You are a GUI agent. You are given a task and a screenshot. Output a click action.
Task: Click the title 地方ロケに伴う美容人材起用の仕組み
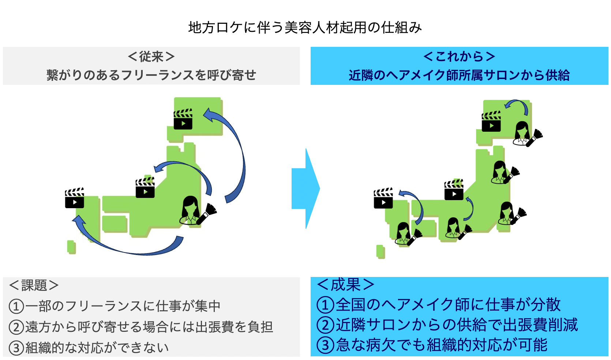click(x=305, y=27)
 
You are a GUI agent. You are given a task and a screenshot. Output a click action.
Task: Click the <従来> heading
click(x=151, y=57)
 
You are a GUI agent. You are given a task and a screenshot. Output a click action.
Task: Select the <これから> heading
click(x=459, y=56)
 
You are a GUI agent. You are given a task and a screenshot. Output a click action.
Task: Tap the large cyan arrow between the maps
click(x=306, y=188)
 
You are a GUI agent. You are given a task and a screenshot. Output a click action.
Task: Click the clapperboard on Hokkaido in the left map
click(x=183, y=119)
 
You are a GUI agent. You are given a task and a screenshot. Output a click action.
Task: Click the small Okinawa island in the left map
click(x=71, y=247)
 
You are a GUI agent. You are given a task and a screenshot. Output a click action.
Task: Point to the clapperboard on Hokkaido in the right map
click(x=491, y=121)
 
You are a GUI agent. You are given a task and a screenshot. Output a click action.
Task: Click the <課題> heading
click(x=34, y=285)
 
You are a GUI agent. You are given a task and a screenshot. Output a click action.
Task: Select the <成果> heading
click(x=346, y=284)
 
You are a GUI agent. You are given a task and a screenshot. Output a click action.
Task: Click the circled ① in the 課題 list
click(x=16, y=306)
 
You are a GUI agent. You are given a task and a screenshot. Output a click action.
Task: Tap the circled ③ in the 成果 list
click(x=325, y=345)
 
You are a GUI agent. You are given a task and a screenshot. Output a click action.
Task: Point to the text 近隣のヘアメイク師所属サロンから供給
click(x=459, y=75)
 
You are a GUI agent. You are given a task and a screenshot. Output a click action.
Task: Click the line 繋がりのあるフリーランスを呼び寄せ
click(x=151, y=75)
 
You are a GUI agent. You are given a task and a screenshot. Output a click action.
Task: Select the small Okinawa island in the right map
click(x=381, y=252)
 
